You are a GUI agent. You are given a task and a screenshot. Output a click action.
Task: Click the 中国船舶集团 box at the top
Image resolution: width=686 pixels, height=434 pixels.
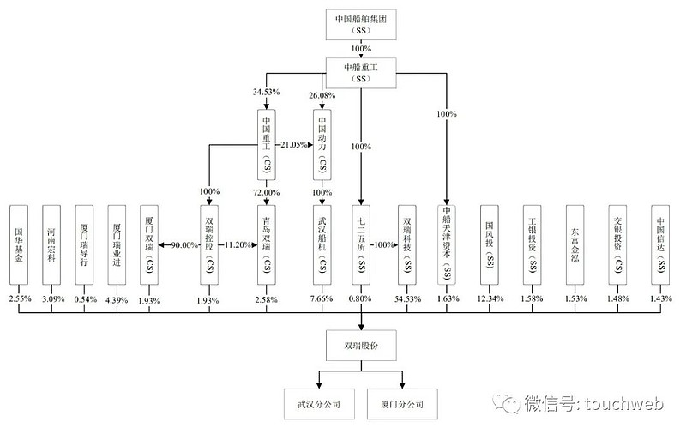click(x=361, y=26)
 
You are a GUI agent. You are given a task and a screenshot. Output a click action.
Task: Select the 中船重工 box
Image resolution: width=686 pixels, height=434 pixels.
click(x=361, y=72)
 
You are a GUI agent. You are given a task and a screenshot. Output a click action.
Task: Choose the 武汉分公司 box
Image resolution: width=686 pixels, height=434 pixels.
click(x=319, y=402)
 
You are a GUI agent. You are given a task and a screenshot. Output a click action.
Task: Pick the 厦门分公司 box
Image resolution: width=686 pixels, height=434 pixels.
click(x=403, y=402)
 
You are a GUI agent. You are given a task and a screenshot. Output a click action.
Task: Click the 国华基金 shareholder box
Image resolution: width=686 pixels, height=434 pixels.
click(x=20, y=243)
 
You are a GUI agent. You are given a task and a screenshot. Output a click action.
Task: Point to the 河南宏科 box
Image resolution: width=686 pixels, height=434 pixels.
click(x=53, y=243)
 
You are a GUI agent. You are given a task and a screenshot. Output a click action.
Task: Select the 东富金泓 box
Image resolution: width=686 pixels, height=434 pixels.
click(x=574, y=243)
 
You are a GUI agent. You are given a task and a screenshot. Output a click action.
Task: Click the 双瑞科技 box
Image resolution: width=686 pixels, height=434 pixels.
click(x=407, y=243)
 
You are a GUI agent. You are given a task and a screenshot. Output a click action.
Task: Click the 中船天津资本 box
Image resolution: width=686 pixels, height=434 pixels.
click(x=447, y=243)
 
